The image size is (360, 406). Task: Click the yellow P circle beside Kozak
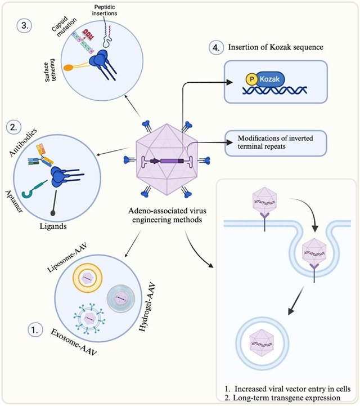[x=251, y=79]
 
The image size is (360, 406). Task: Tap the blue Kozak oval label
[x=269, y=79]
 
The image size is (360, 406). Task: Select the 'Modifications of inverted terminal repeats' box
[x=276, y=143]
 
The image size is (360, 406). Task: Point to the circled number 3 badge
[x=24, y=26]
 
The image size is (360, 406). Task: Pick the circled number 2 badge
[x=13, y=128]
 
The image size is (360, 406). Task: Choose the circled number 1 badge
[x=35, y=329]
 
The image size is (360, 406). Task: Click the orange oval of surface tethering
[x=69, y=68]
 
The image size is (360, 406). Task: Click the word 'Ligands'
[x=53, y=226]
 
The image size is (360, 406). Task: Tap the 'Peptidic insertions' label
[x=105, y=10]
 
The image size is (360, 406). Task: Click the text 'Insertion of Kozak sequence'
[x=276, y=47]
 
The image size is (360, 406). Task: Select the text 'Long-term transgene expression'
[x=286, y=398]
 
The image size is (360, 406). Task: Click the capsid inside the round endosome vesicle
[x=262, y=343]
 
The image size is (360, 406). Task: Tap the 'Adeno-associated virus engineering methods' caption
[x=167, y=215]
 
